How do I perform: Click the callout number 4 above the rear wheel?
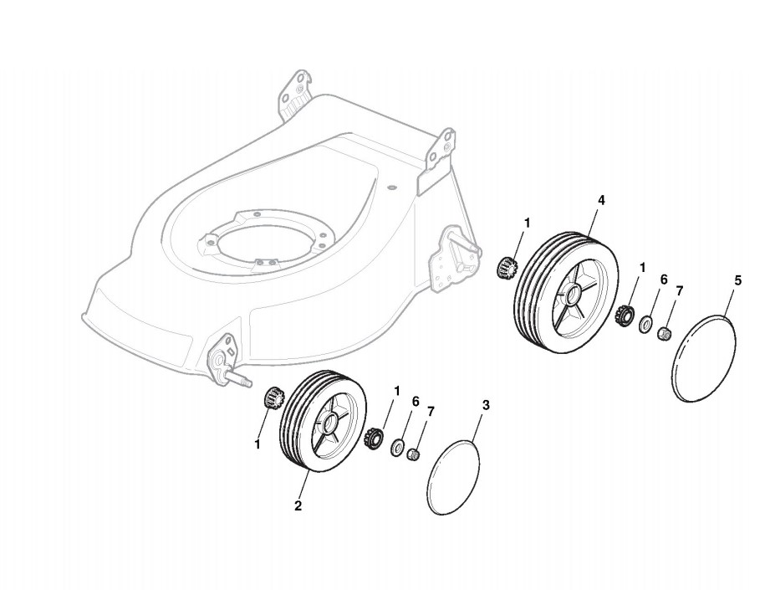(x=602, y=200)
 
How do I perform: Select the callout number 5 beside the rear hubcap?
(x=737, y=281)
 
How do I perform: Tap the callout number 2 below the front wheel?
(x=298, y=505)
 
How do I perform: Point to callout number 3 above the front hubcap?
(x=487, y=405)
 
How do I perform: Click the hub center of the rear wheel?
(x=571, y=295)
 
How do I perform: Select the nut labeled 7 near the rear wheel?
(x=664, y=333)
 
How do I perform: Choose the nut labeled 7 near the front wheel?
(x=412, y=454)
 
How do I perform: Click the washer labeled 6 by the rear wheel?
(x=647, y=325)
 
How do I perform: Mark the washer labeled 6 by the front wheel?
(x=397, y=445)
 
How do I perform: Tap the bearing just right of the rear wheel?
(x=623, y=316)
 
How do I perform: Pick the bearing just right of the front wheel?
(x=375, y=436)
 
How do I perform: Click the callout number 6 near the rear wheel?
(x=664, y=280)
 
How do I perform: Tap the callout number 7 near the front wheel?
(x=431, y=411)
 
